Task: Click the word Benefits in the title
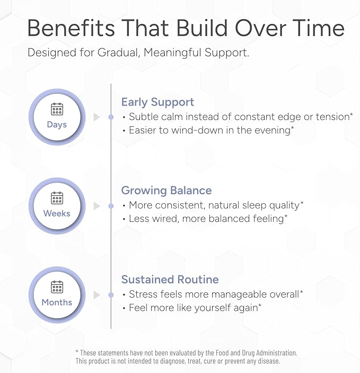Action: tap(71, 28)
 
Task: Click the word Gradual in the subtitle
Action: tap(118, 53)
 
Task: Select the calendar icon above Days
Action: tap(57, 109)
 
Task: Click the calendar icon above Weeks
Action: tap(57, 198)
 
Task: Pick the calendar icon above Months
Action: tap(57, 287)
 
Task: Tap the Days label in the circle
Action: tap(57, 125)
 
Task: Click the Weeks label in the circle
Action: tap(57, 213)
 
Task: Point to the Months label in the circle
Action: tap(57, 302)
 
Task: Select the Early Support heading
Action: tap(157, 102)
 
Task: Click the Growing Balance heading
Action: tap(166, 190)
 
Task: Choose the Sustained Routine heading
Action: tap(170, 280)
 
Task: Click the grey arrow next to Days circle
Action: tap(96, 117)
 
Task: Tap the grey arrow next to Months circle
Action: tap(96, 295)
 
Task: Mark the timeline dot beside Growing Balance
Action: tap(111, 206)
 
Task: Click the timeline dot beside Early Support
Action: tap(111, 117)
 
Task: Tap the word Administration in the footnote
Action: tap(276, 352)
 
